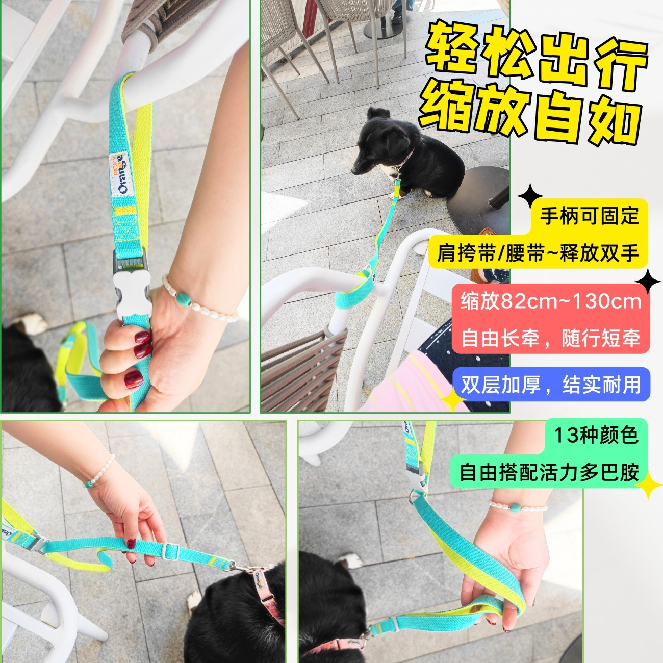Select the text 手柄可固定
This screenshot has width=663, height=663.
589,216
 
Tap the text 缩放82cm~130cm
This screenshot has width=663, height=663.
551,301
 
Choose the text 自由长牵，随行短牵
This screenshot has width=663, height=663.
551,338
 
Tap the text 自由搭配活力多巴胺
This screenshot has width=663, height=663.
549,472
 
